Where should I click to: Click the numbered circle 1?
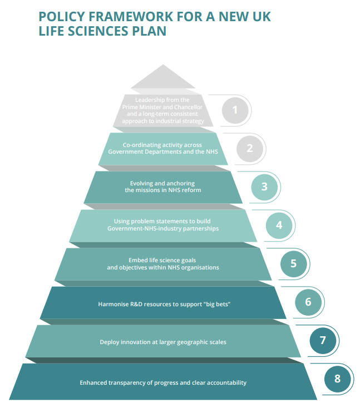coord(235,110)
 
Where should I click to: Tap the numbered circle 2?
coord(250,148)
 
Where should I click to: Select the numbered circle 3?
coord(264,187)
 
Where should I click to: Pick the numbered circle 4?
coord(279,225)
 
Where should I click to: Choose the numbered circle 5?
coord(293,263)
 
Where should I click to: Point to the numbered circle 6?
coord(308,302)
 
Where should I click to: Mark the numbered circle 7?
coord(322,341)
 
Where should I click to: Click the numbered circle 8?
coord(337,379)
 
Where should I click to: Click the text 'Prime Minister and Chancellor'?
coord(162,107)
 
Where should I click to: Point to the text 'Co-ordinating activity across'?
coord(162,145)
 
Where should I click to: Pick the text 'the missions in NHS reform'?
coord(162,190)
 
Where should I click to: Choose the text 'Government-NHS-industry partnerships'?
coord(162,228)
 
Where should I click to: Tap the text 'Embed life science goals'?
coord(162,260)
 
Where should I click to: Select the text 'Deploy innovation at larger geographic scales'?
coord(162,342)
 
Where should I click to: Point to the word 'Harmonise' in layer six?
coord(112,304)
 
